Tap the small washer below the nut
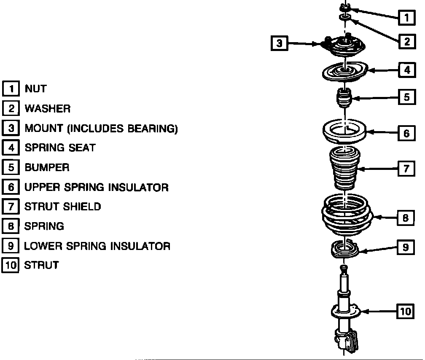point(344,17)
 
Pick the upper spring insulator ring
point(344,132)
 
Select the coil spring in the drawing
point(345,217)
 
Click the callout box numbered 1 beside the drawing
point(406,17)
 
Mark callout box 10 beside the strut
point(405,312)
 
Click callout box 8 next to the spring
point(405,218)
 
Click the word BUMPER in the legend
point(47,167)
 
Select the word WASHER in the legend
point(48,108)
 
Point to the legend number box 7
point(11,207)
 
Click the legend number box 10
point(11,266)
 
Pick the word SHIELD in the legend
point(82,207)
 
